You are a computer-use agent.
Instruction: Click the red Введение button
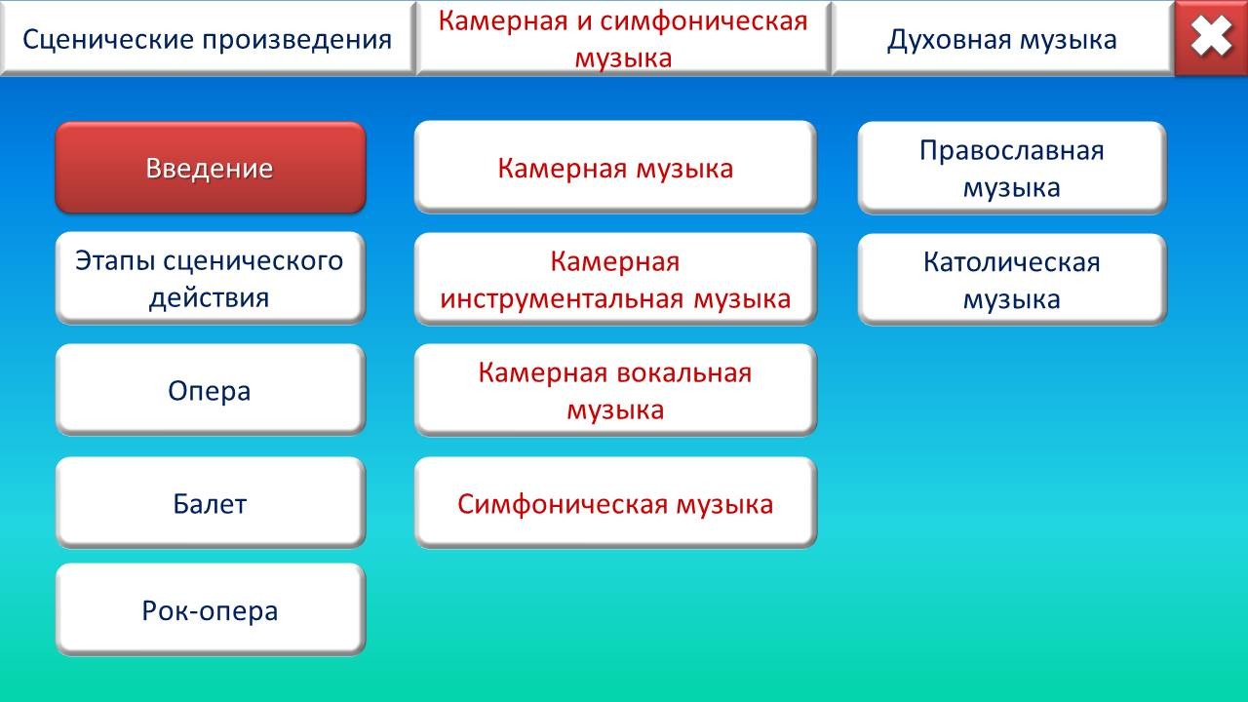(x=210, y=168)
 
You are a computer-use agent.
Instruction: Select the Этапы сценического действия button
(x=210, y=278)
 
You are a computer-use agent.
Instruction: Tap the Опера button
(x=210, y=389)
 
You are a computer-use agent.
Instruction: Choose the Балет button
(x=210, y=502)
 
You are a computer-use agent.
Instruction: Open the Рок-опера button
(x=210, y=609)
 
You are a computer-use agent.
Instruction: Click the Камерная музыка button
(x=615, y=167)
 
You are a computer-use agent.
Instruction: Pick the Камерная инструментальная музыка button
(x=615, y=279)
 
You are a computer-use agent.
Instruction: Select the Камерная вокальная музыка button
(x=615, y=390)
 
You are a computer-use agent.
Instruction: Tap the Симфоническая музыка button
(x=615, y=502)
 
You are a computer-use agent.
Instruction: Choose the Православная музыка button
(x=1012, y=168)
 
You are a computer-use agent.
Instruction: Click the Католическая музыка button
(x=1012, y=279)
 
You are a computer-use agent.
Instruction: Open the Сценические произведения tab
(x=208, y=38)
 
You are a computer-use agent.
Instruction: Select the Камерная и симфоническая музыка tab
(x=623, y=38)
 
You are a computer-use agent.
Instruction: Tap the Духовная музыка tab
(x=1002, y=38)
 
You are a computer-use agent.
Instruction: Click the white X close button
(x=1211, y=37)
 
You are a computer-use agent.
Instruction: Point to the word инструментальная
(x=562, y=299)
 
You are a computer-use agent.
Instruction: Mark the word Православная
(x=1012, y=150)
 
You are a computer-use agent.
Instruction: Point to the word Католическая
(x=1012, y=262)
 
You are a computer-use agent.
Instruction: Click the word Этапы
(x=115, y=260)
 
